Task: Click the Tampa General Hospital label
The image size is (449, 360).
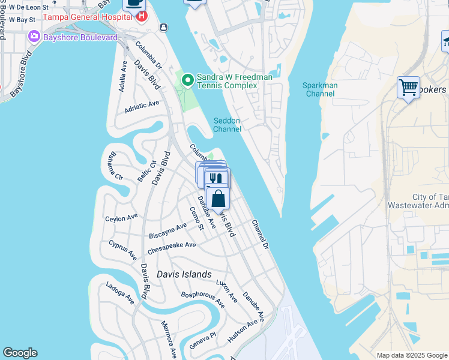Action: point(86,17)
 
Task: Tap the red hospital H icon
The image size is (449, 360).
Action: point(141,16)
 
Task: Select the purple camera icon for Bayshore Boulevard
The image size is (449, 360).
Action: point(34,37)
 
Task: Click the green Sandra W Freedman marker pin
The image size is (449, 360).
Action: point(188,79)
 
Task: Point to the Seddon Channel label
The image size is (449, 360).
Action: point(228,125)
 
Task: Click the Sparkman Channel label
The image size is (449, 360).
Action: point(321,89)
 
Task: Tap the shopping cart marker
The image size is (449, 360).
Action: point(408,88)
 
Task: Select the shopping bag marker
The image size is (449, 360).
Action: point(218,199)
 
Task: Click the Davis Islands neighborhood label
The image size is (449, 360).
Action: point(184,274)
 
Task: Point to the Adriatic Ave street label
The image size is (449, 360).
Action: point(142,106)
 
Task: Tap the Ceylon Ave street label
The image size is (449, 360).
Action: point(121,218)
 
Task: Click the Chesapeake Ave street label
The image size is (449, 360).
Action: point(172,245)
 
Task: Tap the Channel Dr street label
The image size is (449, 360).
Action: point(261,233)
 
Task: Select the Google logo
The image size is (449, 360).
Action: point(20,353)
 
